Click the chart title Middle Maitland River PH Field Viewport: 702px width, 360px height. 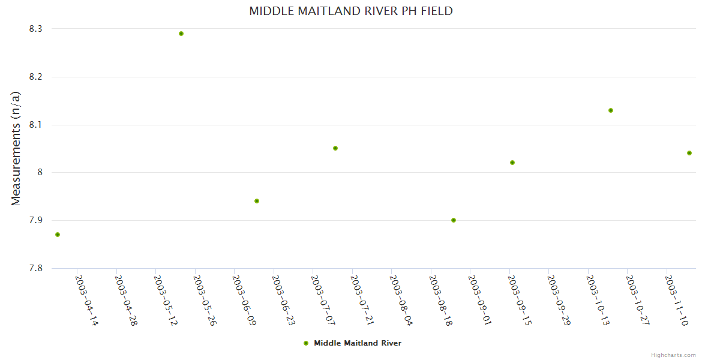(x=351, y=11)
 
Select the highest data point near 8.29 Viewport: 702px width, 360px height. (x=181, y=34)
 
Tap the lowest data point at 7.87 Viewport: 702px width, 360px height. (x=58, y=235)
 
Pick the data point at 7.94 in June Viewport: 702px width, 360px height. (x=257, y=201)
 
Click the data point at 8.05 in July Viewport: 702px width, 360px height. (x=335, y=148)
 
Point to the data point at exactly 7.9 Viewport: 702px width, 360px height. (x=454, y=220)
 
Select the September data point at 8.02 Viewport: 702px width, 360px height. (x=512, y=163)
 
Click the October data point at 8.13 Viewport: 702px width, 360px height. (x=611, y=110)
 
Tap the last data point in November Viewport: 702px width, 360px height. (x=689, y=153)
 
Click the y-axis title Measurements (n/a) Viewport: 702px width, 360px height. (x=16, y=148)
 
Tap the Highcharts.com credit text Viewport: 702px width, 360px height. (x=673, y=355)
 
